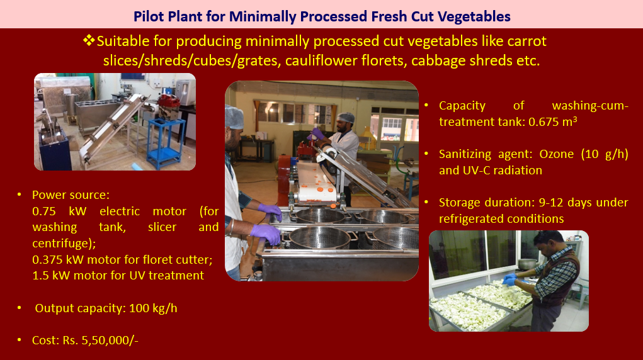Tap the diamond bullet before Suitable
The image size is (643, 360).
pos(89,40)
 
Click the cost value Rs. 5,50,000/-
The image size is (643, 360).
pos(101,340)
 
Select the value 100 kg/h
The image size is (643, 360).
pos(153,308)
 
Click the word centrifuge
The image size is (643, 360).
pos(62,244)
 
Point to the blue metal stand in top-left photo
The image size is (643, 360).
pos(164,143)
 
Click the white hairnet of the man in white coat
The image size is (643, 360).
pos(345,118)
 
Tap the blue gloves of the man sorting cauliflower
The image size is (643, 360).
pos(509,279)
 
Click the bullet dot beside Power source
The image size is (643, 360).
pos(20,194)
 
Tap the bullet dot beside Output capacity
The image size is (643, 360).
pos(20,308)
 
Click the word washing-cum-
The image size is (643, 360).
pos(590,106)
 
